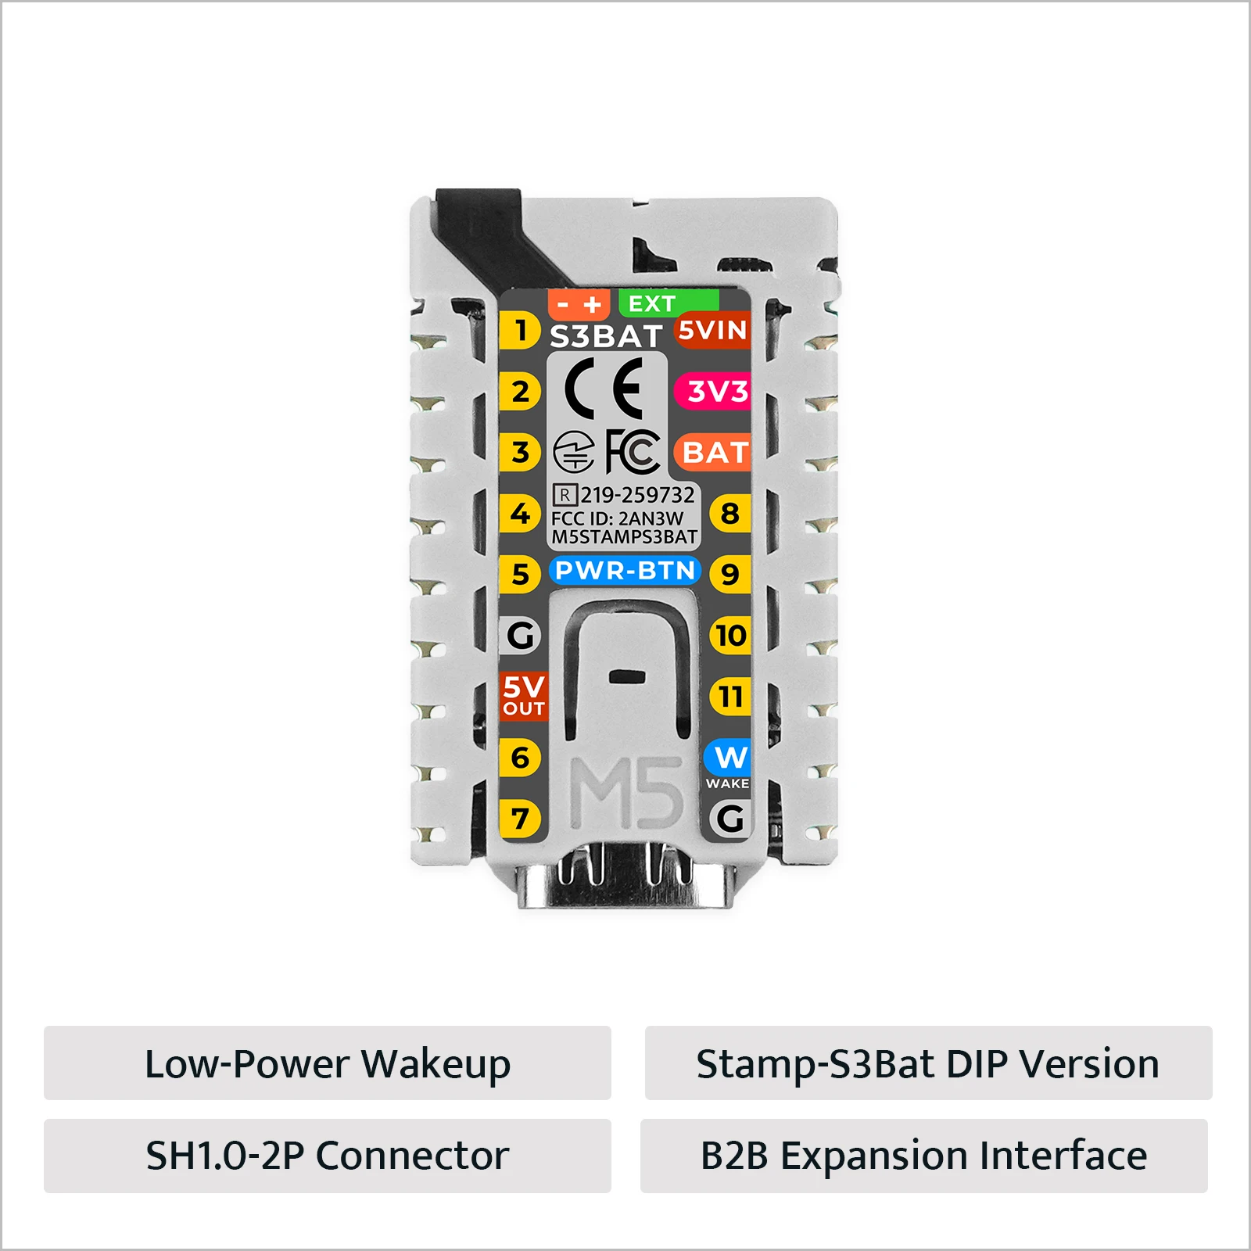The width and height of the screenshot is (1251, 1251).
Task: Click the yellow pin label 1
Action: click(x=520, y=330)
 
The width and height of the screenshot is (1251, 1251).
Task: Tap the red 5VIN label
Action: click(x=712, y=330)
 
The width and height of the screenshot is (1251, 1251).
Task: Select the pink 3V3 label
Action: click(x=712, y=391)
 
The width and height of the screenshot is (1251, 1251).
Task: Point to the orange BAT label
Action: click(x=712, y=452)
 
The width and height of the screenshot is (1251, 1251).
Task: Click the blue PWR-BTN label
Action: click(x=625, y=570)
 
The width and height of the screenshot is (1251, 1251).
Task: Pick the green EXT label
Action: click(x=669, y=303)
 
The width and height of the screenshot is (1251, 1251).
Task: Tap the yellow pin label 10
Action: click(x=730, y=635)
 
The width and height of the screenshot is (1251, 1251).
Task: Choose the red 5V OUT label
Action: click(x=523, y=696)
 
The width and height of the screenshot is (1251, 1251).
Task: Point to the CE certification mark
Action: click(x=604, y=389)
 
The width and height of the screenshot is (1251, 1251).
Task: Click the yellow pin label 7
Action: click(x=520, y=819)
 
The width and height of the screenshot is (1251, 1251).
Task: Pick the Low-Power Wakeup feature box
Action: click(x=328, y=1063)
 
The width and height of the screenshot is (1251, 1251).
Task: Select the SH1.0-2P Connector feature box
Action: click(x=328, y=1156)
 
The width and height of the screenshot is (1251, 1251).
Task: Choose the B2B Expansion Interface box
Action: click(x=924, y=1156)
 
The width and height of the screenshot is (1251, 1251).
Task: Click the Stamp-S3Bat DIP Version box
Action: click(x=929, y=1063)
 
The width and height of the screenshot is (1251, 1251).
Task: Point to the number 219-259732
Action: click(x=637, y=495)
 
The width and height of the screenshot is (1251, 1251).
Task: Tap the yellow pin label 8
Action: click(x=730, y=514)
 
